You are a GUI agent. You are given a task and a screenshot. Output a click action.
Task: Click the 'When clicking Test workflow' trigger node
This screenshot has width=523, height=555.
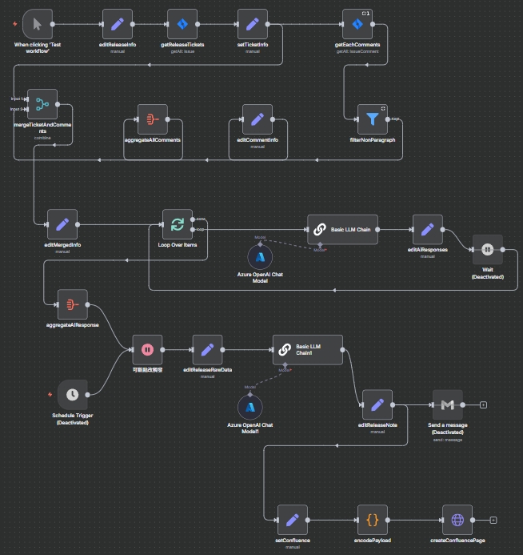click(x=38, y=23)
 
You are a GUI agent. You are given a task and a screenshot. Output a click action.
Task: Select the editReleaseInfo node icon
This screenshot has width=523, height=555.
click(x=118, y=23)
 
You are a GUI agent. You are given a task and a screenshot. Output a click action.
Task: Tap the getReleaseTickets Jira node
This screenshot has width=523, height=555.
click(x=182, y=23)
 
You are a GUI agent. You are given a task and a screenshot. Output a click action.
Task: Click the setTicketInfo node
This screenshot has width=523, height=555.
click(x=253, y=23)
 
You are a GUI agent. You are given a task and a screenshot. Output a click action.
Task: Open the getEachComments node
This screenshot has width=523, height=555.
click(x=357, y=23)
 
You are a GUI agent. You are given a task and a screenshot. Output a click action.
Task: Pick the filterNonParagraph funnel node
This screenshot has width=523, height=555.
click(x=372, y=119)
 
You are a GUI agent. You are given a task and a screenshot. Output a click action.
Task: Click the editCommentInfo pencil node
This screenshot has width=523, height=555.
click(x=258, y=119)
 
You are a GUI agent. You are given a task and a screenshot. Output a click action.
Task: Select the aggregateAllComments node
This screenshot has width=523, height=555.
click(x=153, y=119)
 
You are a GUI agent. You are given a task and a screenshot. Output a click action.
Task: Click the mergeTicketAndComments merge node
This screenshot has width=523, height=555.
click(x=42, y=104)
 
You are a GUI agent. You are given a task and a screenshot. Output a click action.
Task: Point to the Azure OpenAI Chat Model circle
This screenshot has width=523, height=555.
click(x=261, y=257)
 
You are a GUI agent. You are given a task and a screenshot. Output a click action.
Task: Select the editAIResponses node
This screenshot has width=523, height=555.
click(x=427, y=229)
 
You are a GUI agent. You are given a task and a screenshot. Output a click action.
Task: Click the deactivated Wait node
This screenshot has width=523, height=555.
click(x=487, y=249)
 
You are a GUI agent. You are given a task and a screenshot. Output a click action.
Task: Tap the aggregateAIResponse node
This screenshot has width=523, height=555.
click(x=73, y=304)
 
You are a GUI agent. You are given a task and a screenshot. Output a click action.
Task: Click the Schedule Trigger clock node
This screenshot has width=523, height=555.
click(x=73, y=394)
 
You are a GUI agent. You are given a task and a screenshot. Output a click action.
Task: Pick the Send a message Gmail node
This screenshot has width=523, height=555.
click(x=447, y=404)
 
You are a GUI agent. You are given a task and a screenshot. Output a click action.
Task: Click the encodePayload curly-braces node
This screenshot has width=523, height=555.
click(x=373, y=520)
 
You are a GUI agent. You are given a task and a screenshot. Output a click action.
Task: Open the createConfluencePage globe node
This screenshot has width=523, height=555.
click(x=457, y=520)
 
